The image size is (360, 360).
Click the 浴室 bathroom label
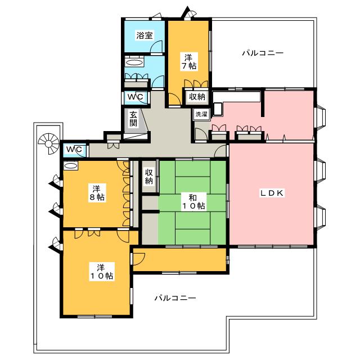pyautogui.click(x=145, y=35)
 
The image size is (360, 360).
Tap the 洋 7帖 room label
pyautogui.click(x=189, y=61)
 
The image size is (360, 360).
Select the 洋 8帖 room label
pyautogui.click(x=97, y=193)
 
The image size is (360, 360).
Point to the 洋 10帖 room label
pyautogui.click(x=102, y=272)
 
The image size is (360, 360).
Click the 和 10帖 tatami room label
pyautogui.click(x=193, y=201)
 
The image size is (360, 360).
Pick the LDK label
pyautogui.click(x=272, y=193)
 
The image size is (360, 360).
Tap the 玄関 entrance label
pyautogui.click(x=133, y=119)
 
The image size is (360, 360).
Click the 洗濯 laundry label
pyautogui.click(x=201, y=114)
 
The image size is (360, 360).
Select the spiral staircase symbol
pyautogui.click(x=49, y=144)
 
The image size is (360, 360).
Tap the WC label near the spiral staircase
pyautogui.click(x=74, y=150)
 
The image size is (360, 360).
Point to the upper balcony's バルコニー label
pyautogui.click(x=263, y=53)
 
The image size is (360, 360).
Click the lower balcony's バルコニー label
pyautogui.click(x=175, y=298)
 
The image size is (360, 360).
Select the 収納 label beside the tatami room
pyautogui.click(x=148, y=177)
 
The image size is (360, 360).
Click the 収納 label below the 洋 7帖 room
pyautogui.click(x=197, y=97)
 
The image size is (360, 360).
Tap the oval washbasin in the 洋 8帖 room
pyautogui.click(x=71, y=165)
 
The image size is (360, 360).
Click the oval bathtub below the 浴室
pyautogui.click(x=134, y=62)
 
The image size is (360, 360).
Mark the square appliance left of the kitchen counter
pyautogui.click(x=218, y=109)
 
